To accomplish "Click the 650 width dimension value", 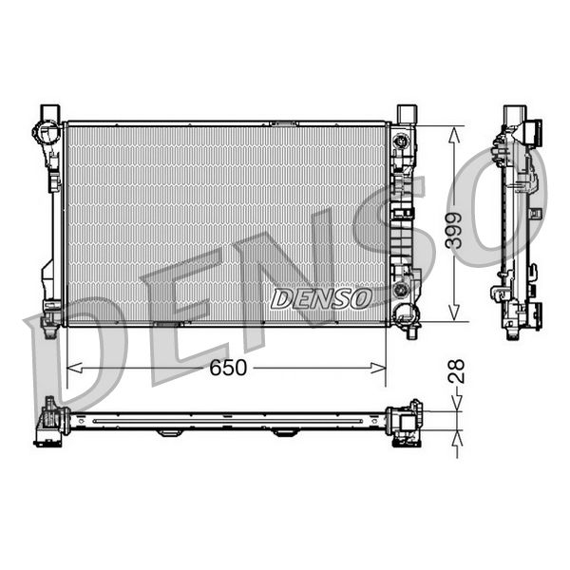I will tap(227, 368).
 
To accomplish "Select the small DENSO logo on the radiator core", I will tap(321, 298).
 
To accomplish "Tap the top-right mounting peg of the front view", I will tap(406, 111).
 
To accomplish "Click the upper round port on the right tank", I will tap(402, 143).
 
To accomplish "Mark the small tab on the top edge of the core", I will tap(283, 123).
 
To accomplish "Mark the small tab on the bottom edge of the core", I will tap(168, 325).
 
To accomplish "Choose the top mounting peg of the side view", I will tap(513, 115).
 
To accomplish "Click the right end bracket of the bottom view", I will tap(407, 423).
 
